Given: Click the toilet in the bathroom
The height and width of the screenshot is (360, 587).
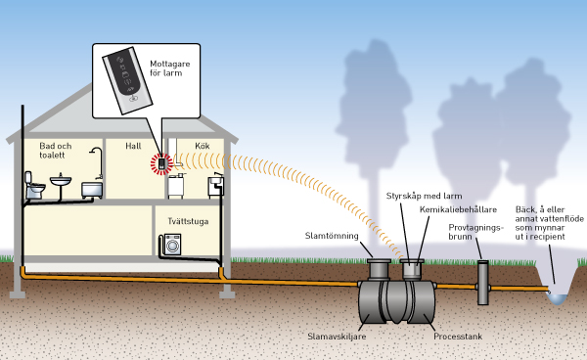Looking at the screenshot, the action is (x=34, y=185).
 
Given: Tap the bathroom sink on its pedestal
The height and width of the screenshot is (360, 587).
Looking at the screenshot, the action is (x=61, y=182).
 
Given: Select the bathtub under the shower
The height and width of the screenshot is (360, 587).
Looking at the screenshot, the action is (x=92, y=190).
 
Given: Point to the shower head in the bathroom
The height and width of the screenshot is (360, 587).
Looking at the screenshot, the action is (x=96, y=151).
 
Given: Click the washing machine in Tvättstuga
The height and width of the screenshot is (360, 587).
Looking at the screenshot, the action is (x=172, y=245).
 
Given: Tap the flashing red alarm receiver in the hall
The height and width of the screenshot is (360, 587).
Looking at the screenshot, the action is (x=161, y=163).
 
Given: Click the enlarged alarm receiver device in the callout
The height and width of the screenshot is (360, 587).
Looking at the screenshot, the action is (x=127, y=80).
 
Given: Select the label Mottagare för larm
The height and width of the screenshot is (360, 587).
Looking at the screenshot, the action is (x=169, y=68).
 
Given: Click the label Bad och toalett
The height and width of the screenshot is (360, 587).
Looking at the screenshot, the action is (x=55, y=151).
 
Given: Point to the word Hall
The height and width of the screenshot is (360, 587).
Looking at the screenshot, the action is (x=133, y=146).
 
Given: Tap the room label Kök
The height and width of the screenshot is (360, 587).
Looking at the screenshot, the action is (x=203, y=146).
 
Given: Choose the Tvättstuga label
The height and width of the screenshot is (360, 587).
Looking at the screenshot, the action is (x=188, y=221).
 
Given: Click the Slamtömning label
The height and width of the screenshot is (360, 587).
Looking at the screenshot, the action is (x=332, y=236).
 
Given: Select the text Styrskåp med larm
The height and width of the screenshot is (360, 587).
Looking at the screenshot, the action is (x=425, y=196).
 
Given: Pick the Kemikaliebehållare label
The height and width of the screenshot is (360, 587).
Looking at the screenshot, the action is (x=458, y=209).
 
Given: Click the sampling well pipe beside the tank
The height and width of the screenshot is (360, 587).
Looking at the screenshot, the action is (x=483, y=283).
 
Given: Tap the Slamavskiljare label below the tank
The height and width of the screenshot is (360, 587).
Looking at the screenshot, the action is (x=337, y=337).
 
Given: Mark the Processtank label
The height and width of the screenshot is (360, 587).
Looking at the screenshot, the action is (x=458, y=337).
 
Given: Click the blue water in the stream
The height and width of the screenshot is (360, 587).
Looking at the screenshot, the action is (x=557, y=298).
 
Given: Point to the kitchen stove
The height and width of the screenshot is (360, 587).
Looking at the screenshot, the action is (x=175, y=186).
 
